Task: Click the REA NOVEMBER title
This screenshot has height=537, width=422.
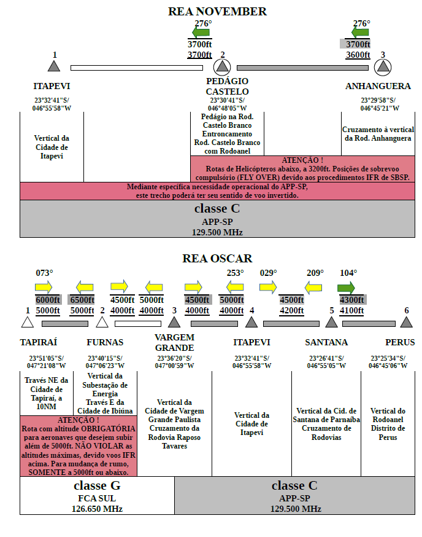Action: (x=217, y=11)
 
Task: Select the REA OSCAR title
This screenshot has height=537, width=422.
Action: (x=217, y=258)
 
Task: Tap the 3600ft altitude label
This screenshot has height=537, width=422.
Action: (x=358, y=55)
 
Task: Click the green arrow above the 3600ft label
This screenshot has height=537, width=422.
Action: (x=360, y=33)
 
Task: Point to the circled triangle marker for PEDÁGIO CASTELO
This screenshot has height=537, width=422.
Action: (x=222, y=67)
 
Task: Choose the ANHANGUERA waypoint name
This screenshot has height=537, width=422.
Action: (x=378, y=86)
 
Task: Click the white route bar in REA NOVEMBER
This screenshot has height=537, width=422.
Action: (x=137, y=68)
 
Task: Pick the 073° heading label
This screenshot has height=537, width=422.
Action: (x=44, y=273)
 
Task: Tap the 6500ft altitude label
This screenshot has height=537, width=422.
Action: (x=82, y=300)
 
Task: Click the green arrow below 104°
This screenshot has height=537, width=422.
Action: (x=346, y=288)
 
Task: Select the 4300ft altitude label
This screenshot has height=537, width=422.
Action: (x=351, y=300)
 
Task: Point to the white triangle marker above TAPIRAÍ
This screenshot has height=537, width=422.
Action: (x=28, y=323)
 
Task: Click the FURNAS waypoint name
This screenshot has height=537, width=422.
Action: (x=105, y=342)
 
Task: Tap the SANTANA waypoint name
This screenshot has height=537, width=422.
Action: (x=326, y=342)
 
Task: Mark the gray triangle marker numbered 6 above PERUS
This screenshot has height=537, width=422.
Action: (x=406, y=322)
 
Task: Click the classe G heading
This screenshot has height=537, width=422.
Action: (x=97, y=485)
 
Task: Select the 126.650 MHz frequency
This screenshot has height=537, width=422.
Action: (x=97, y=509)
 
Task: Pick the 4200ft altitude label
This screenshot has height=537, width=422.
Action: (x=291, y=310)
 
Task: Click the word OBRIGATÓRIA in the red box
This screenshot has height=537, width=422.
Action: (x=108, y=429)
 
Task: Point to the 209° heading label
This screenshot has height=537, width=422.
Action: (x=315, y=273)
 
